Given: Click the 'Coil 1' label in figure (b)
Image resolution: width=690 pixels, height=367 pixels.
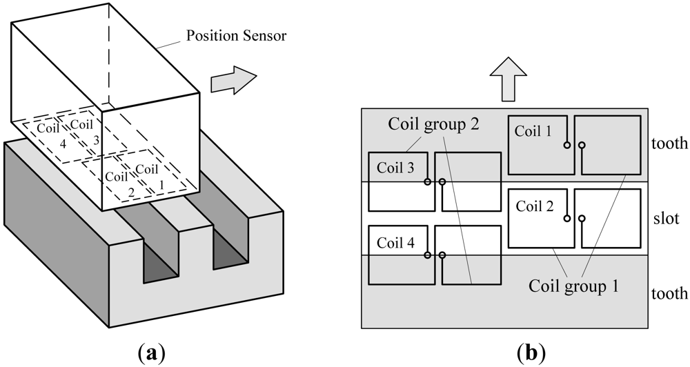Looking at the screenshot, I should coord(533,131).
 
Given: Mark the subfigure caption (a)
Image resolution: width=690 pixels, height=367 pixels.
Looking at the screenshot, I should coord(152,353).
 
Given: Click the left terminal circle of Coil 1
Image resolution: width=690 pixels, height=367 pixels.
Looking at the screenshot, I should coord(566,145).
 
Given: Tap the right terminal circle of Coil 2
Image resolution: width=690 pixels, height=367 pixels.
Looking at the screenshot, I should coord(582,219).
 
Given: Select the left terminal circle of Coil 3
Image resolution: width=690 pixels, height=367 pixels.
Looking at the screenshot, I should coord(428,182).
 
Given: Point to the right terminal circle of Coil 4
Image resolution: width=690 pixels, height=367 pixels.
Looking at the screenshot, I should coord(442,255).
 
